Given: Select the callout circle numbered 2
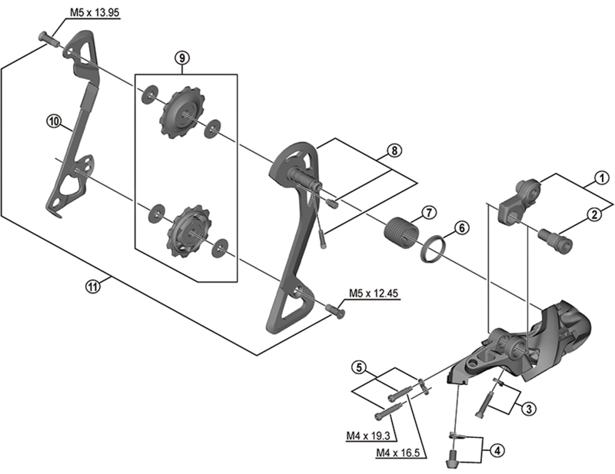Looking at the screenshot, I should (x=594, y=216).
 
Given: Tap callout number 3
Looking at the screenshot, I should (x=528, y=409).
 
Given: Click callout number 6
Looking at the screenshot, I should (x=460, y=227).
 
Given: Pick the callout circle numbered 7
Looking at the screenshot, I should (x=428, y=212).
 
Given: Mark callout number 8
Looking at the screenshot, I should (x=394, y=151).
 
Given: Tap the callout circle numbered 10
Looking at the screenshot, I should (x=53, y=121).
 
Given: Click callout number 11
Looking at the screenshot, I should (x=93, y=287).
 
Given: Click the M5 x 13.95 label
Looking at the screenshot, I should (x=91, y=13).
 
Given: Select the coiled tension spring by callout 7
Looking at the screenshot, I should (x=398, y=231).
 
